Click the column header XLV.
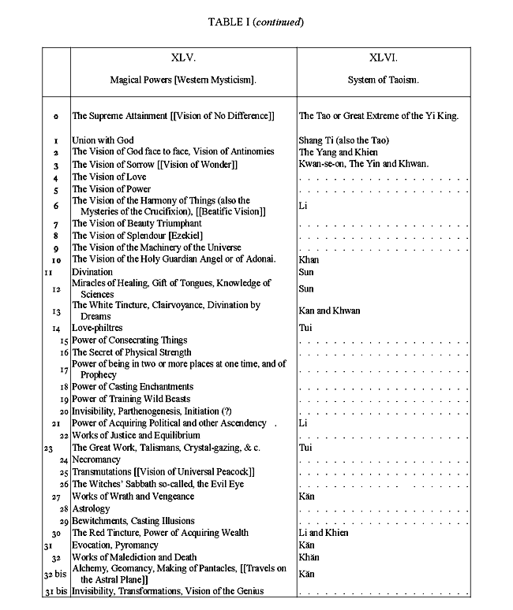183,58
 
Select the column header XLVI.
388,58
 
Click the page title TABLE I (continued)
256,21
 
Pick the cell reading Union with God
103,140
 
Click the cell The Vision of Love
110,177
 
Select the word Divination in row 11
92,272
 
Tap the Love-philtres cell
98,328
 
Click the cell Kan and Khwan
329,311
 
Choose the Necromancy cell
96,459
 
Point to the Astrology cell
91,509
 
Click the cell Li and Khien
324,533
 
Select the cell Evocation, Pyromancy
114,545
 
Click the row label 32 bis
54,574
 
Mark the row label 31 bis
54,591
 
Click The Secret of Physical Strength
132,352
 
